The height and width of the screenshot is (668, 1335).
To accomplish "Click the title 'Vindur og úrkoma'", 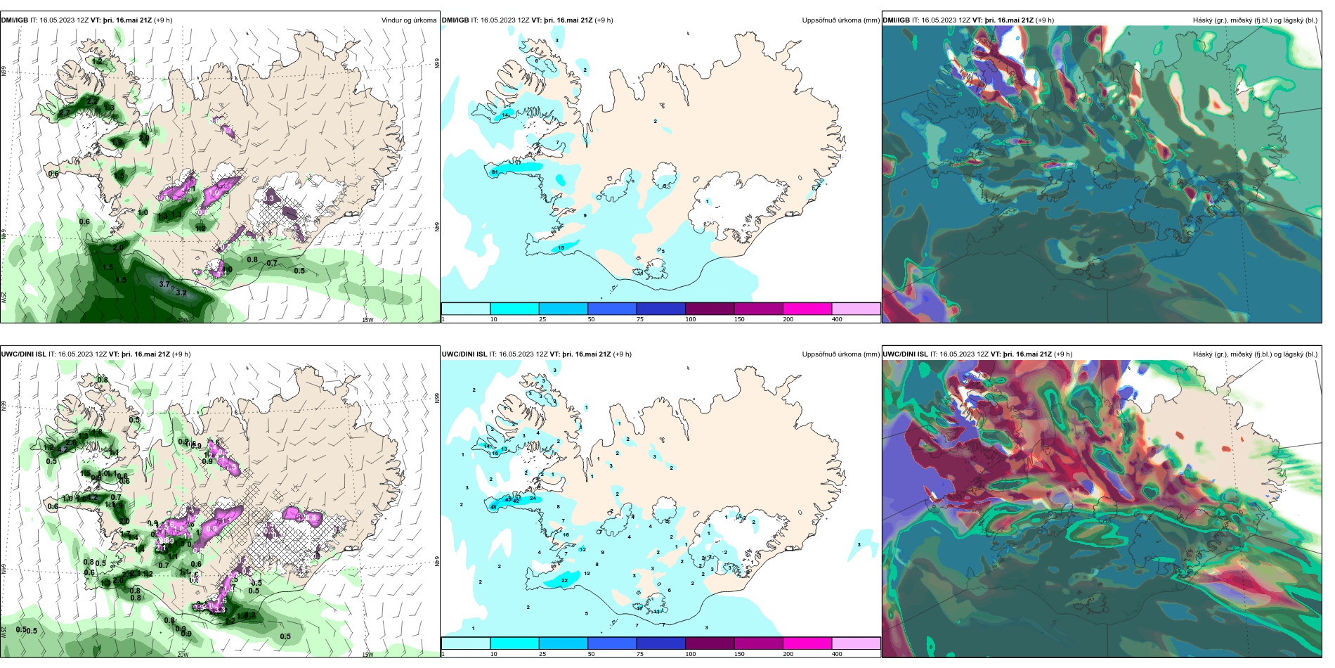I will pos(408,20).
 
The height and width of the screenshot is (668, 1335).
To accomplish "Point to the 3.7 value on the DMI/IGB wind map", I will pos(164,284).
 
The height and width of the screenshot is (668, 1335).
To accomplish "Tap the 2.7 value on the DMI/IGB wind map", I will pos(92,102).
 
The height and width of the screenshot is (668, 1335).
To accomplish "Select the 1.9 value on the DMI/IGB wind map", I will pos(143,139).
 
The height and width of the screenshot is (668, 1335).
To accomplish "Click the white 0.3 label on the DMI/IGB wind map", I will pos(269,199).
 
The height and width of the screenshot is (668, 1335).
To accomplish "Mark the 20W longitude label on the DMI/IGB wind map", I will pos(183,320).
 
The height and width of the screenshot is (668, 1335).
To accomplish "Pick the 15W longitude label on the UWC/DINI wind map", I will pos(367,655).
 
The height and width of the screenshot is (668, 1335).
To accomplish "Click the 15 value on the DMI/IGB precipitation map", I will pos(561,248).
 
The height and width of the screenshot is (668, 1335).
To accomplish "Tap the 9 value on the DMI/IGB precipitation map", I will pos(585,216).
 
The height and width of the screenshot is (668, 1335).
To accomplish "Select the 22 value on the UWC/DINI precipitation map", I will pos(565,581).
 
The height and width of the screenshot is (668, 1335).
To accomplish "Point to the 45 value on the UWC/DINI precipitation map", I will pos(509,500).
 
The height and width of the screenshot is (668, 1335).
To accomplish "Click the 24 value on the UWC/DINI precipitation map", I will pos(533,499).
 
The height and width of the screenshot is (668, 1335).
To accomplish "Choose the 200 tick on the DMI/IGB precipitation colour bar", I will pos(788,319).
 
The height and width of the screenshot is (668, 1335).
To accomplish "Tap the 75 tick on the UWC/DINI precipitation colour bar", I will pos(640,654).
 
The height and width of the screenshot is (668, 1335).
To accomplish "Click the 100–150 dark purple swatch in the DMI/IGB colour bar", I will pos(710,309).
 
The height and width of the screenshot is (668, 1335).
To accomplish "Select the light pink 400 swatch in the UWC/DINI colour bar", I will pos(856,643).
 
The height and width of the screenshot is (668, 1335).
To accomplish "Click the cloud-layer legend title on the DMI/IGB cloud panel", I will pos(1255,20).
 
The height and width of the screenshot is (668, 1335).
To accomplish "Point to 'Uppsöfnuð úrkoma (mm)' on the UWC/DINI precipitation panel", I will pos(840,354).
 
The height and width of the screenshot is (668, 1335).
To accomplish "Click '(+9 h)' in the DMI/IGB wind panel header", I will pos(163,20).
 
